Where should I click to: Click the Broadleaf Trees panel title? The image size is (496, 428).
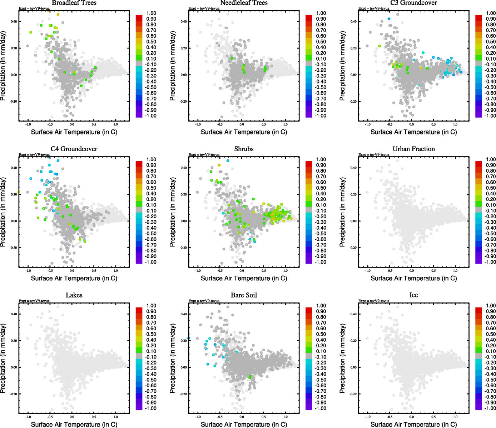pos(74,3)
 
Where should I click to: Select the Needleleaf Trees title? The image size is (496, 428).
pos(244,3)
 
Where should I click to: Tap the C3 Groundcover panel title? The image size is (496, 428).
pos(413,3)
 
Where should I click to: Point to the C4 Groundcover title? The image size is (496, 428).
pos(74,149)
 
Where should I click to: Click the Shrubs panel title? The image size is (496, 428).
pos(244,149)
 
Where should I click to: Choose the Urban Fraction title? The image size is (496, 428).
pos(413,149)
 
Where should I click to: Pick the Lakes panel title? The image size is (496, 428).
pos(74,295)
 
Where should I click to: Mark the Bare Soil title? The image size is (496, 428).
pos(244,295)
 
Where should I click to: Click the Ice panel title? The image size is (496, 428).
pos(413,295)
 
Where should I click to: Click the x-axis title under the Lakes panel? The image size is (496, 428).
pos(74,424)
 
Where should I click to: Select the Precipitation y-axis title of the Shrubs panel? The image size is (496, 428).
pos(173,212)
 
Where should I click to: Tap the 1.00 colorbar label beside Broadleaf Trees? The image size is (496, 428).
pos(151,13)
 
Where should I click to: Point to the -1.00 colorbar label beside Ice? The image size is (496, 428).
pos(490,408)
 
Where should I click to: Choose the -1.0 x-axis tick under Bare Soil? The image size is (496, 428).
pos(198,417)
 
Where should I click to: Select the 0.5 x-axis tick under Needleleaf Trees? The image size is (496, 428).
pos(264,124)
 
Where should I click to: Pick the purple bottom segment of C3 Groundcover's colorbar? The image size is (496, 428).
pos(478,115)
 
